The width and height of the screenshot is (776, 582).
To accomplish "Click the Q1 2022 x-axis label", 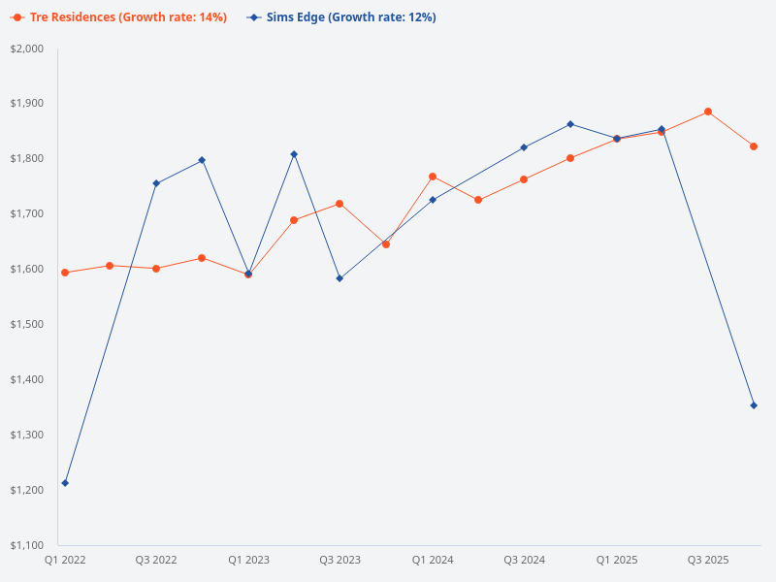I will [65, 561].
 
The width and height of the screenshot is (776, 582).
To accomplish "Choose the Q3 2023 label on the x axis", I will [339, 561].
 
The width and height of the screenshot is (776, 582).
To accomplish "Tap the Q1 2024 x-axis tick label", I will [433, 561].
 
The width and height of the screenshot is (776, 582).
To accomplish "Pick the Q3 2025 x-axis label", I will [708, 561].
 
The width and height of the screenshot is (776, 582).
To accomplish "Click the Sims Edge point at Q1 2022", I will [65, 483].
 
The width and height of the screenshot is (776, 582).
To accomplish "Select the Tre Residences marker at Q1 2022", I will [65, 273].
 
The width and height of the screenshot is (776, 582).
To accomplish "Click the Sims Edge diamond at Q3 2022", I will [156, 183].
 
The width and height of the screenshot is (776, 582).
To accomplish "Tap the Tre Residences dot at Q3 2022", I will [156, 269].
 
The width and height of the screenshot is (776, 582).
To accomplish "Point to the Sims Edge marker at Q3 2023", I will [339, 278].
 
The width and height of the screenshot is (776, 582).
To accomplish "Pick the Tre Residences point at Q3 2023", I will [339, 204].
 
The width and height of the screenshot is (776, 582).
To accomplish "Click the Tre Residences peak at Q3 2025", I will [708, 112].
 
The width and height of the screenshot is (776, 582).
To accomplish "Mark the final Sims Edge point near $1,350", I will [754, 405].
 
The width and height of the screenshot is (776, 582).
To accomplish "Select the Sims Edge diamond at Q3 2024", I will [524, 147].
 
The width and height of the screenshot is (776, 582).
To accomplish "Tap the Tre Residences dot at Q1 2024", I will [433, 177].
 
